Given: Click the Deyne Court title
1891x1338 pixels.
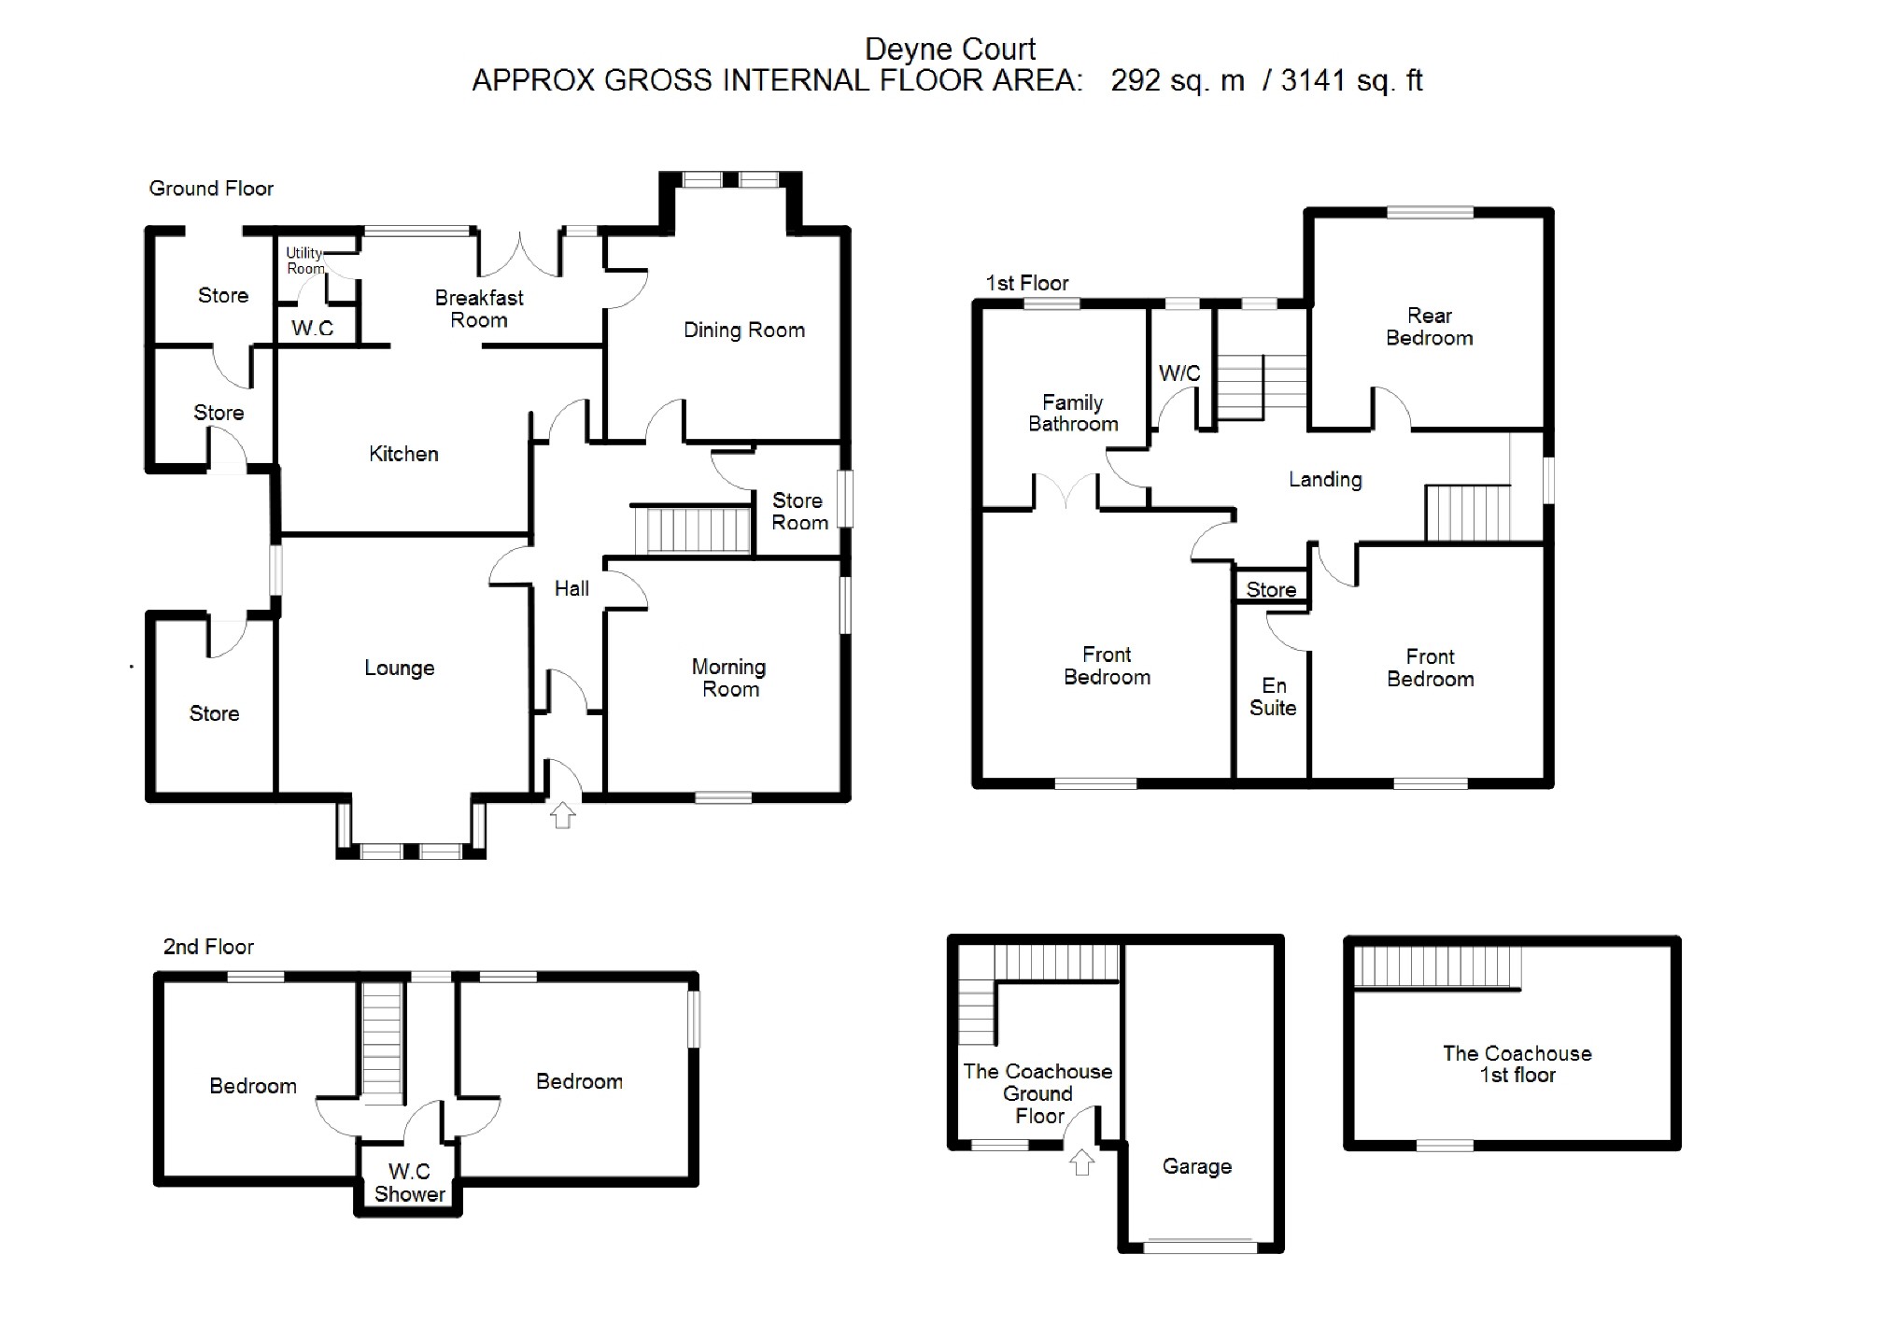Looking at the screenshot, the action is (950, 49).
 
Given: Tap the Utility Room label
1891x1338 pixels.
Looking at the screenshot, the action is (304, 261).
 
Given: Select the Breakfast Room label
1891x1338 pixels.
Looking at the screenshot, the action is (479, 309).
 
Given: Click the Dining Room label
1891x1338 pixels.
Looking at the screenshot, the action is (743, 330).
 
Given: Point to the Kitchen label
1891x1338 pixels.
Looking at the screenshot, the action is (403, 454).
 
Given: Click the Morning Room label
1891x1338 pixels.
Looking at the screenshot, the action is (729, 678).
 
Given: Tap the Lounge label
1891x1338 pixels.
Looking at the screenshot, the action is (399, 668).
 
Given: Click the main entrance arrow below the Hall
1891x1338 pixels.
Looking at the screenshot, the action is (562, 814).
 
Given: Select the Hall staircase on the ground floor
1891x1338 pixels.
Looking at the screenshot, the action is (693, 529).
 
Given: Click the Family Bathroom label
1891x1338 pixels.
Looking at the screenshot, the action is (1073, 413).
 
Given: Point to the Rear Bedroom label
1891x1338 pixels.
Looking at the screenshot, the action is (1429, 327).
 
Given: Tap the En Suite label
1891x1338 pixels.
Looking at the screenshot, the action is (1273, 697).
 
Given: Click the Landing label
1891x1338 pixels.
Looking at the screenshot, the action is (1324, 480).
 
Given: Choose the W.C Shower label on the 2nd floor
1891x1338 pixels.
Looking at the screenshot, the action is (409, 1182).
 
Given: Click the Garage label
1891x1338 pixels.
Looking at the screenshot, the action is (1196, 1166).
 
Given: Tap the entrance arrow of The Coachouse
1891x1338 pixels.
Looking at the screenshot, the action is (1081, 1162).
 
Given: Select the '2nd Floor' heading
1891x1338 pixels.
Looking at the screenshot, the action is (208, 947).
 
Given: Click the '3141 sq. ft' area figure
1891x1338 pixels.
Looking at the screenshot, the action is (1351, 81).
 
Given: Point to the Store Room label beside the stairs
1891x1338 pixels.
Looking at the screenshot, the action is (798, 512).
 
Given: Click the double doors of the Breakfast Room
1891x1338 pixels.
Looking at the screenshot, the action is (520, 255).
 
